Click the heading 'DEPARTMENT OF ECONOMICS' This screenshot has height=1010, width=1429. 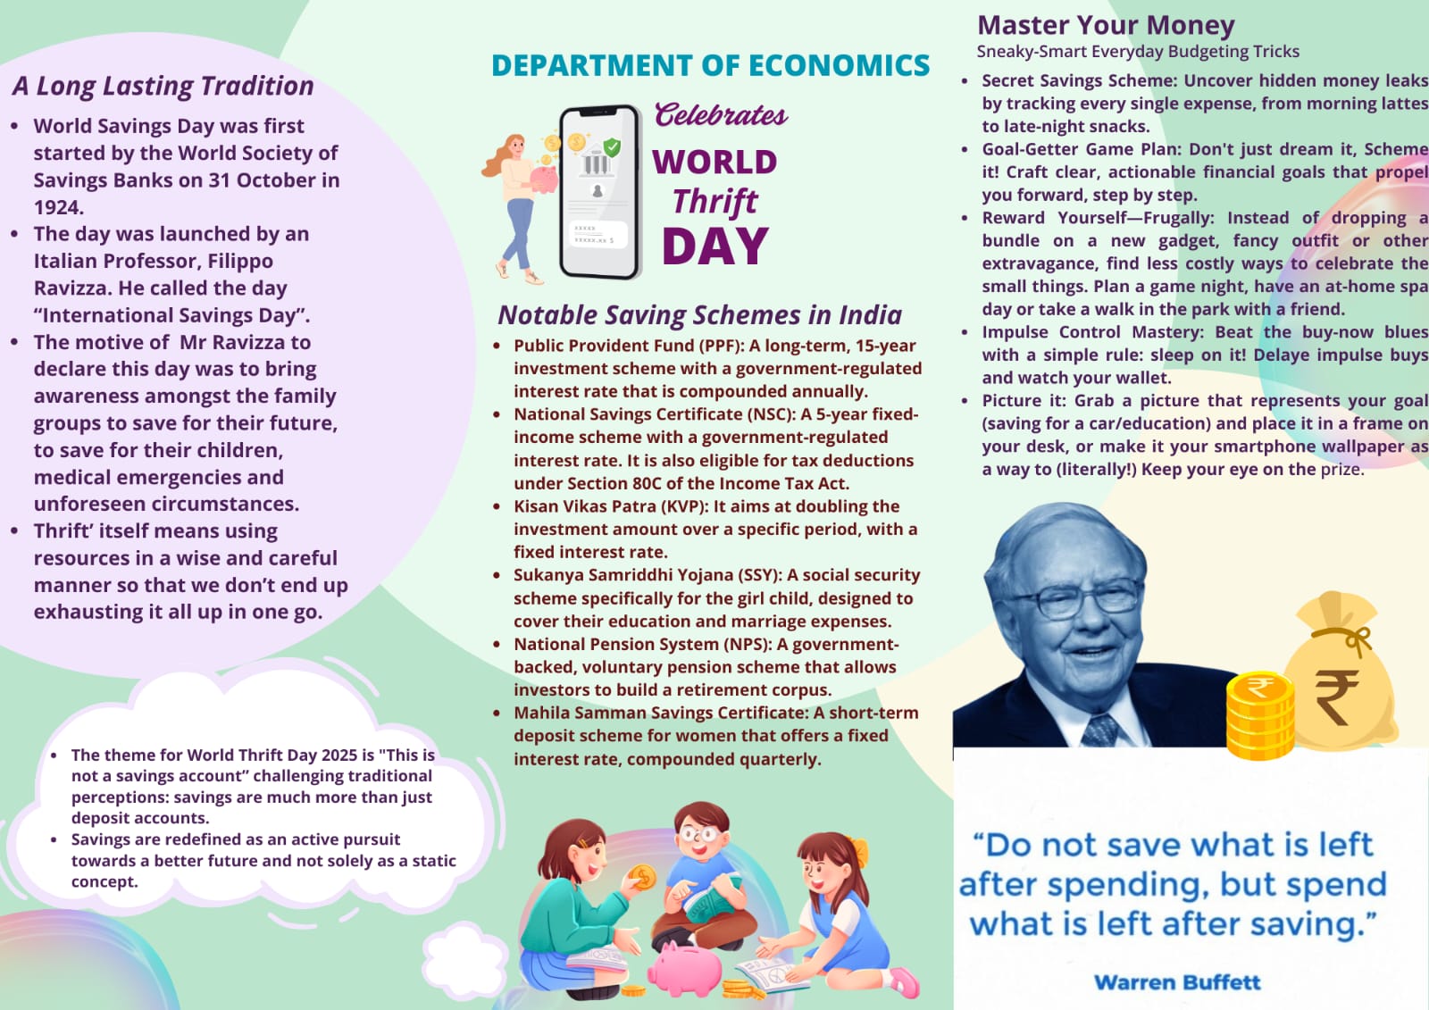point(710,66)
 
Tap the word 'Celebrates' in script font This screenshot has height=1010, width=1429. point(721,115)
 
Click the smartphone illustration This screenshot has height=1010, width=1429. point(599,192)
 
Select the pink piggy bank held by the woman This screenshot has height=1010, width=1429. point(543,179)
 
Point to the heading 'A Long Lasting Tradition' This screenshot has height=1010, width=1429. point(163,87)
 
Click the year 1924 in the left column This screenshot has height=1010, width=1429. point(58,207)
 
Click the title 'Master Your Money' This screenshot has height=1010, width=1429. point(1106,25)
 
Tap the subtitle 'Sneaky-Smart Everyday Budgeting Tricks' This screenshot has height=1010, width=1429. point(1138,52)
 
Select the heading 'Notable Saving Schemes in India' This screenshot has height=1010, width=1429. point(699,315)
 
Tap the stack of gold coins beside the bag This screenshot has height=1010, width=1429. point(1258,715)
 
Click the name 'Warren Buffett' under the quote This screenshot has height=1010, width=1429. point(1177,982)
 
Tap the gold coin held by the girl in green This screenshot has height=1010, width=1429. point(641,877)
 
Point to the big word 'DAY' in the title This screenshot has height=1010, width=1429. point(715,246)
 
